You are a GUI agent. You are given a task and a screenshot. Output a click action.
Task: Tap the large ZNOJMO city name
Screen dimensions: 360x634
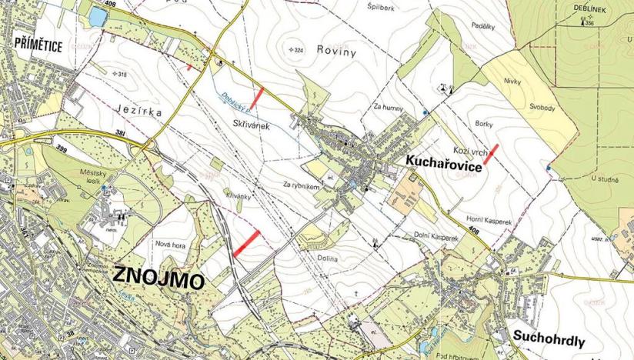click(158, 278)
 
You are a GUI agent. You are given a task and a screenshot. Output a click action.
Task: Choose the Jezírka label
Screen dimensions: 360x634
click(138, 111)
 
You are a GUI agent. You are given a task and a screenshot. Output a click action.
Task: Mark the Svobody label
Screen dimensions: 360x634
click(542, 108)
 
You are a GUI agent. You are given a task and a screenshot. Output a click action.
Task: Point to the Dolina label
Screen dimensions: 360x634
click(326, 259)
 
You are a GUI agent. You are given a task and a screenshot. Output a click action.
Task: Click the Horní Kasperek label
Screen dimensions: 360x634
click(489, 219)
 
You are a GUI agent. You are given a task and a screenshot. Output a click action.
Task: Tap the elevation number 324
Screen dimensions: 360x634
click(299, 50)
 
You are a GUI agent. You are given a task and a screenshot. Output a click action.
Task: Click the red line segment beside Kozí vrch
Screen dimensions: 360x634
click(490, 152)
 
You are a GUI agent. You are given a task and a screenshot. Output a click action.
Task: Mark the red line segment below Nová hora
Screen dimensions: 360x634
click(245, 242)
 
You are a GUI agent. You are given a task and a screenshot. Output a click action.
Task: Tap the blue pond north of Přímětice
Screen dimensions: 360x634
click(98, 16)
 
